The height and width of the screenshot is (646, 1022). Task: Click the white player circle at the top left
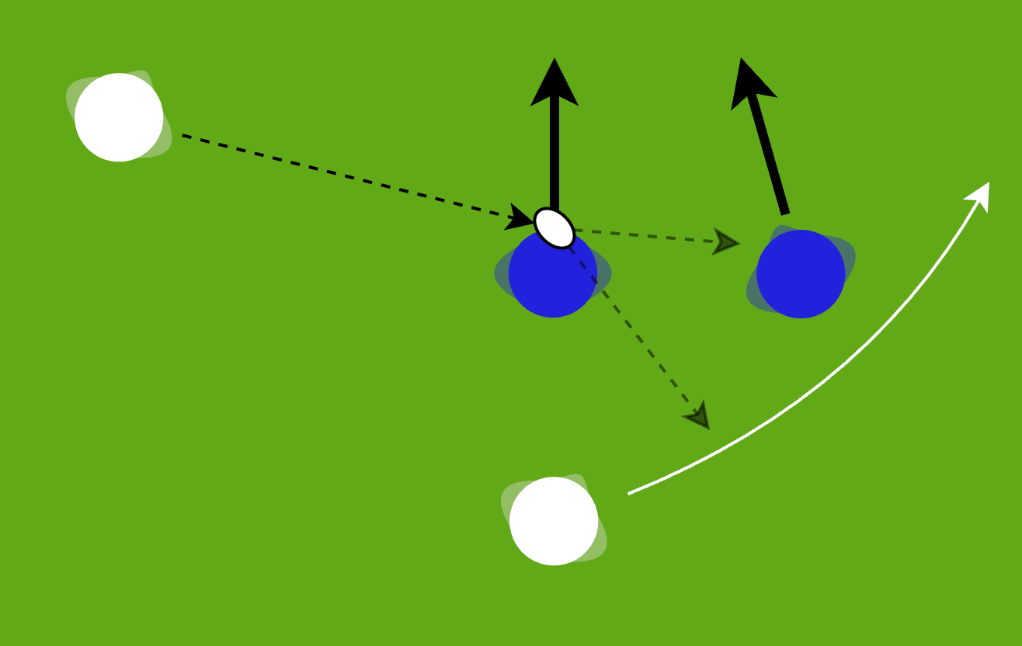click(x=119, y=117)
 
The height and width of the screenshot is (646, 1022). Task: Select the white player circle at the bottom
click(x=554, y=521)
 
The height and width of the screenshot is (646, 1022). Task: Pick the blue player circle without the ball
click(x=801, y=274)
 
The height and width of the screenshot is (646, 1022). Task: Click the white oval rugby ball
click(x=554, y=228)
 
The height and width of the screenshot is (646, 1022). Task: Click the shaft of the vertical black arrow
click(x=554, y=155)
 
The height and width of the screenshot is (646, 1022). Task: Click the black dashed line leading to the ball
click(x=342, y=176)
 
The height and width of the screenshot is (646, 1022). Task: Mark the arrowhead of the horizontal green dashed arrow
click(x=725, y=242)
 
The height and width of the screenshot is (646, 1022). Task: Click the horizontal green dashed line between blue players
click(x=645, y=235)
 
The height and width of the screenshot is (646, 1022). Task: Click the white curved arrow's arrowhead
click(x=979, y=194)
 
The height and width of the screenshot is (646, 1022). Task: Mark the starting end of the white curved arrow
click(x=629, y=493)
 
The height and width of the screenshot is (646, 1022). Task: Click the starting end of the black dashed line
click(x=184, y=136)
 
